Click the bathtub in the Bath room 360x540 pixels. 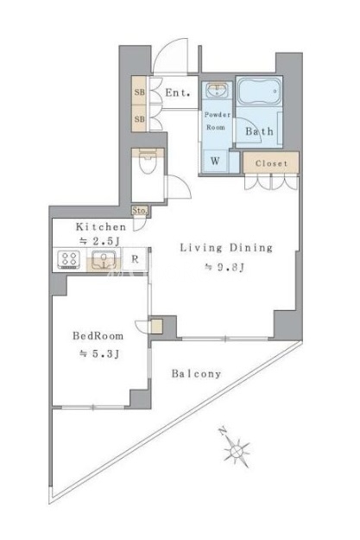tap(260, 92)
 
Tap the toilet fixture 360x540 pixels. tap(148, 162)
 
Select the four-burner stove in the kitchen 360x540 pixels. tap(69, 259)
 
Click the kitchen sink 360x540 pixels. tap(104, 260)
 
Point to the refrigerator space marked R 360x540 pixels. tap(135, 259)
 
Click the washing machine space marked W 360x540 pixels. tap(216, 161)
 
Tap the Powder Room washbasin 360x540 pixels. tap(217, 90)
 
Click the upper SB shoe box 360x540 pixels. tap(139, 92)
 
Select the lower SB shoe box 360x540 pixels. tap(139, 119)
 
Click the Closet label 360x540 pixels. tap(271, 163)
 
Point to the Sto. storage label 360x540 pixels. tap(140, 211)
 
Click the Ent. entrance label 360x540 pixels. tap(178, 92)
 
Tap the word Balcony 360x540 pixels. tap(196, 373)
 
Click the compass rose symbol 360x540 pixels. tap(237, 450)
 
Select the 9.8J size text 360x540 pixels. tap(224, 267)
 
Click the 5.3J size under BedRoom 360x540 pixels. tap(100, 353)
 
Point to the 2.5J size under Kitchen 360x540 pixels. tap(100, 241)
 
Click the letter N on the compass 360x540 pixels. tap(223, 431)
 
